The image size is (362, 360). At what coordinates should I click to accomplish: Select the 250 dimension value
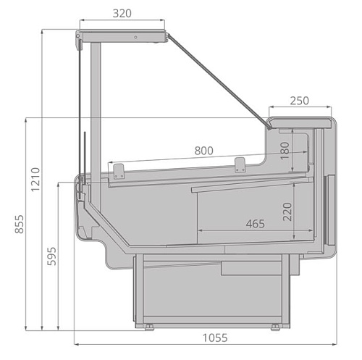tap(300, 101)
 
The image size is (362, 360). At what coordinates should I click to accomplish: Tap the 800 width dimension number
tap(204, 151)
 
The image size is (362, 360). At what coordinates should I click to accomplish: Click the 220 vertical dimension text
tap(287, 212)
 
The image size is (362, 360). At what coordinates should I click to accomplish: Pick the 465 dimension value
tap(254, 224)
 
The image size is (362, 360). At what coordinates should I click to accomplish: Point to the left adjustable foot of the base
tap(148, 327)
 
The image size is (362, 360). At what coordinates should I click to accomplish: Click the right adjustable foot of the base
tap(276, 327)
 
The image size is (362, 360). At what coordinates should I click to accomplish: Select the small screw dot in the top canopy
tap(135, 36)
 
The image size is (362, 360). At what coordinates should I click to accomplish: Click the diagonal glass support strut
tap(217, 80)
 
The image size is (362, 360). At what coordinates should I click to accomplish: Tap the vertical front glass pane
tap(78, 109)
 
